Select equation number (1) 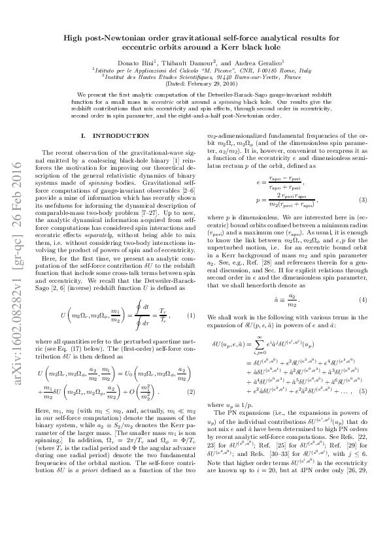192,261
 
